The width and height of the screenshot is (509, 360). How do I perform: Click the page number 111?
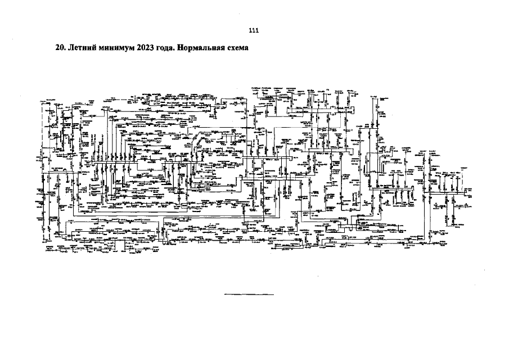click(x=254, y=30)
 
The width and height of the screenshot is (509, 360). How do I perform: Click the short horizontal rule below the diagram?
click(x=249, y=294)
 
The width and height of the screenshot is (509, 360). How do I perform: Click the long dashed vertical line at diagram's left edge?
click(x=42, y=169)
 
